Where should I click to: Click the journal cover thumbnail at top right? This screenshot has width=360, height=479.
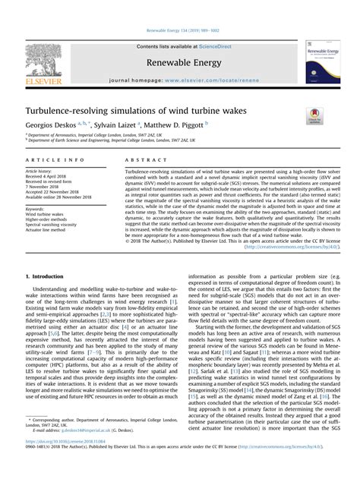[x=323, y=61]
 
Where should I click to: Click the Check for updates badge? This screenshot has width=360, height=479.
[x=314, y=115]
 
